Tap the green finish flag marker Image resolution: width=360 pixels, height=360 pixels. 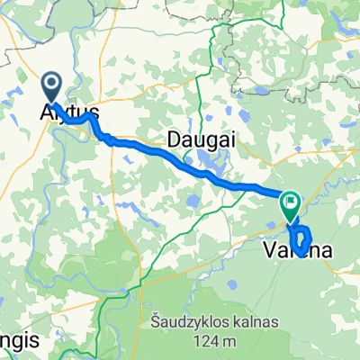(x=290, y=205)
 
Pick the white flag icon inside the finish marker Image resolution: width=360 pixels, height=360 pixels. (x=290, y=203)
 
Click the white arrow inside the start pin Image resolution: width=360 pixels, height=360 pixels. (x=51, y=86)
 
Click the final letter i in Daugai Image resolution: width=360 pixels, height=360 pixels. (x=220, y=139)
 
